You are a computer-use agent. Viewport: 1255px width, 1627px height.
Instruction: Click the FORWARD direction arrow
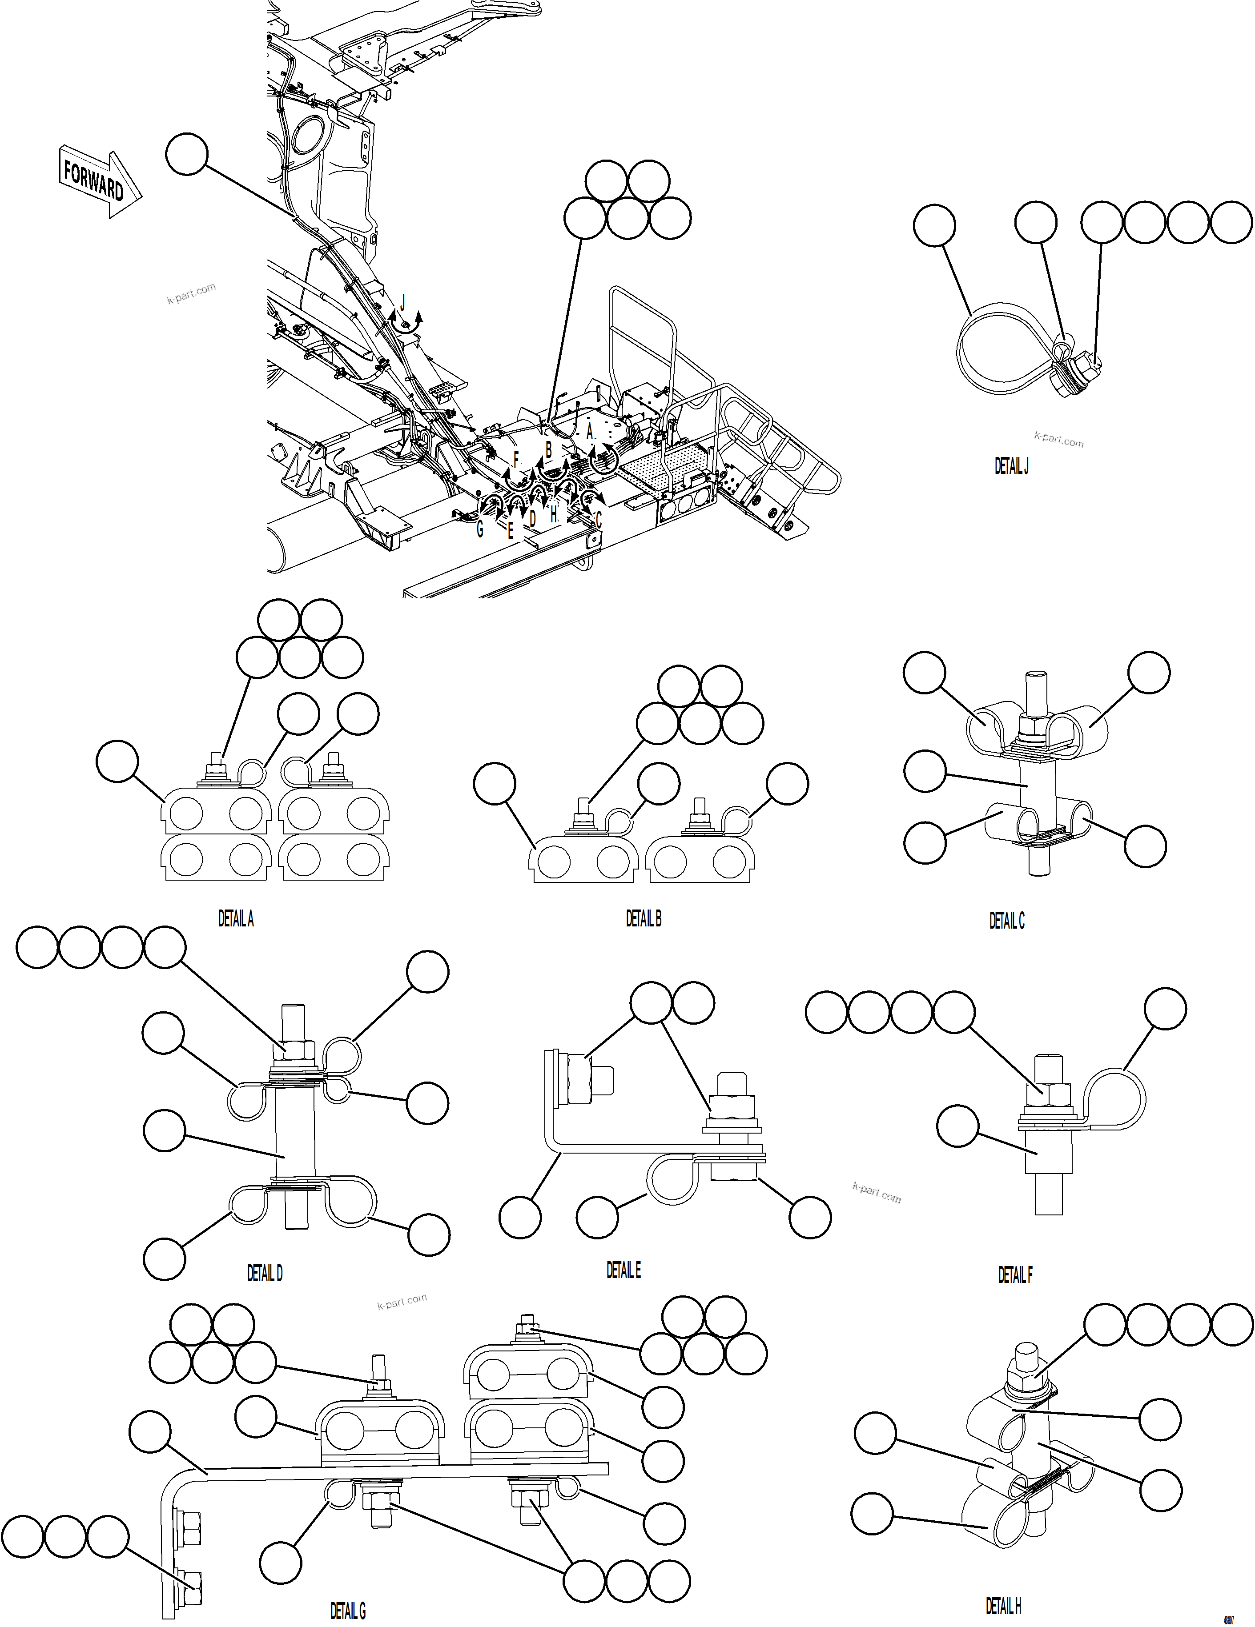[99, 181]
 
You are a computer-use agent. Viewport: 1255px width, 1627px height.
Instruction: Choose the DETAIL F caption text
[1015, 1275]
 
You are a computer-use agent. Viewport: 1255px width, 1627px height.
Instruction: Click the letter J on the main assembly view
[403, 302]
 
